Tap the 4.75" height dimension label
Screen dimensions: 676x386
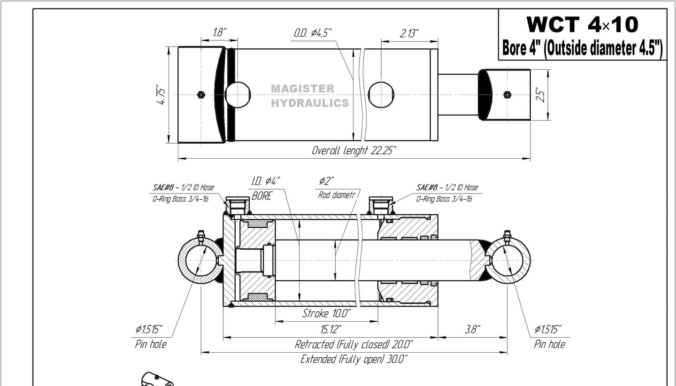point(161,96)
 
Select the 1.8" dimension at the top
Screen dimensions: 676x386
point(219,32)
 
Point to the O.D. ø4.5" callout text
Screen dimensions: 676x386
point(313,33)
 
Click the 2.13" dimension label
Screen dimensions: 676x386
point(409,33)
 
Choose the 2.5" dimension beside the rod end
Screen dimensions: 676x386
point(541,95)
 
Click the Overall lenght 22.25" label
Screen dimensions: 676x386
point(353,150)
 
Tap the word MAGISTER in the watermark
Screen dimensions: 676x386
point(303,89)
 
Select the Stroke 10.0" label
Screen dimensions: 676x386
point(326,314)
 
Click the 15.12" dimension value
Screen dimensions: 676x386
point(331,329)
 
